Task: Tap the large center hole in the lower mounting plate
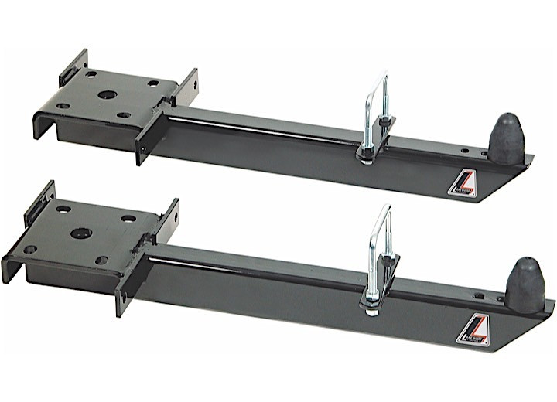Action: point(80,233)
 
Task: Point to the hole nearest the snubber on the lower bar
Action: point(481,295)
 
